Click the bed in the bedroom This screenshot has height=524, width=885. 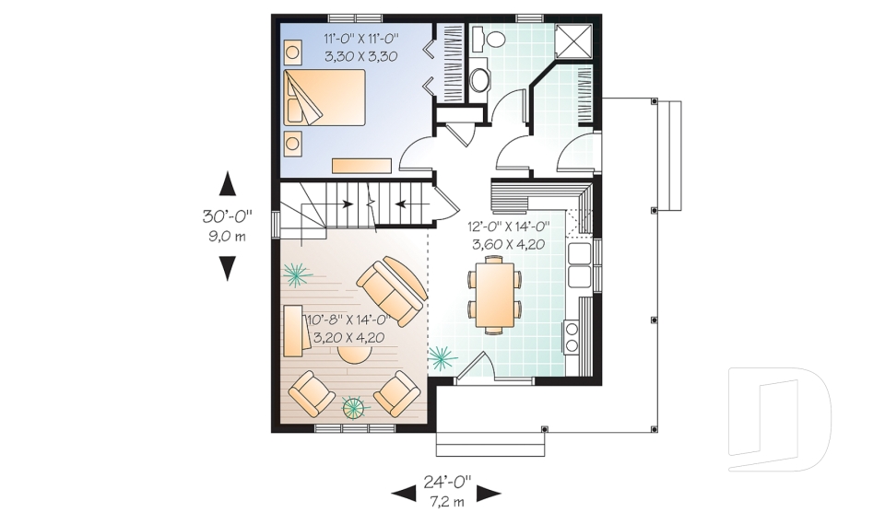pyautogui.click(x=324, y=97)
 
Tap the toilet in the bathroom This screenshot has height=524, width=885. pyautogui.click(x=492, y=39)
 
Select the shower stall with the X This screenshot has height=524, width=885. pyautogui.click(x=574, y=41)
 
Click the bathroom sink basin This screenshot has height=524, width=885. pyautogui.click(x=479, y=79)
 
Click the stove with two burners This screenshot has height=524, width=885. pyautogui.click(x=571, y=337)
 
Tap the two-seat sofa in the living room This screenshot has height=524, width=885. pyautogui.click(x=392, y=291)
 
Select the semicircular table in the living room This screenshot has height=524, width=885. pyautogui.click(x=355, y=355)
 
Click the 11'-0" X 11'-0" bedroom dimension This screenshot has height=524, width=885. pyautogui.click(x=361, y=39)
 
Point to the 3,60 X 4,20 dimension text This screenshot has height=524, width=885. pyautogui.click(x=508, y=244)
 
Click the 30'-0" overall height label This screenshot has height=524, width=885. pyautogui.click(x=228, y=215)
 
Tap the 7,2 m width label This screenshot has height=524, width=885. pyautogui.click(x=446, y=501)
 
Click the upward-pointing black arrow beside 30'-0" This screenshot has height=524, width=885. pyautogui.click(x=228, y=184)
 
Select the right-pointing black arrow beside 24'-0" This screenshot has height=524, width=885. pyautogui.click(x=489, y=495)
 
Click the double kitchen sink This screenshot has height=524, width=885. pyautogui.click(x=580, y=264)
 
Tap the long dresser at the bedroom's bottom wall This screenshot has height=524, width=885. pyautogui.click(x=361, y=165)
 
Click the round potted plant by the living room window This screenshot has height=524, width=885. pyautogui.click(x=354, y=407)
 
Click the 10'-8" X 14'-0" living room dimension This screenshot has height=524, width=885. pyautogui.click(x=348, y=320)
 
